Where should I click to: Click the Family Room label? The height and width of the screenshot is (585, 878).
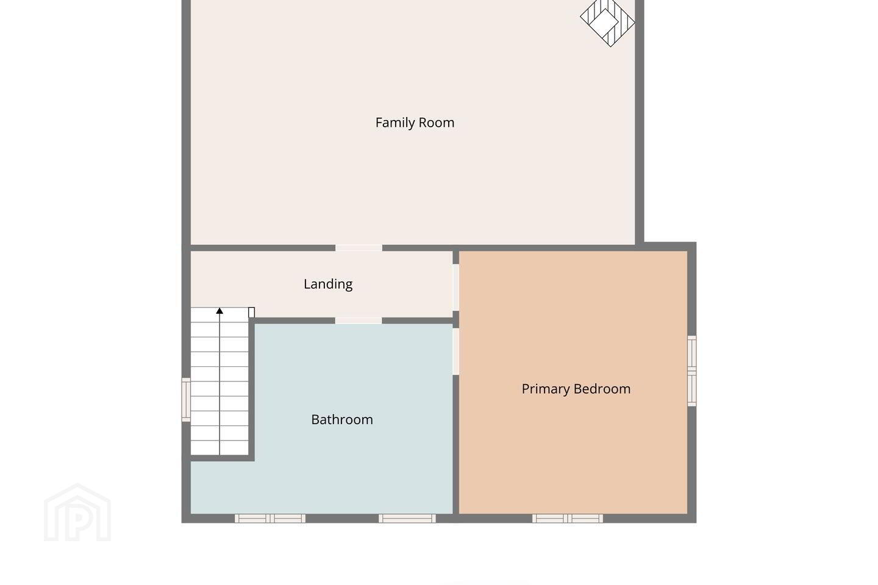tap(415, 122)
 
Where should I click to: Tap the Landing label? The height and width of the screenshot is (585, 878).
tap(328, 284)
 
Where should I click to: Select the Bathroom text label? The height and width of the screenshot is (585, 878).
tap(342, 420)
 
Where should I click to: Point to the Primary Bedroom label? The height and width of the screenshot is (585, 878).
tap(576, 389)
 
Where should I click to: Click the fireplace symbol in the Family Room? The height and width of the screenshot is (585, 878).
tap(607, 22)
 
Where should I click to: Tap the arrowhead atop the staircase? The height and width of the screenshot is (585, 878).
tap(220, 311)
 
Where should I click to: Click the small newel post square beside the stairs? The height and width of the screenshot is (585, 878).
tap(252, 312)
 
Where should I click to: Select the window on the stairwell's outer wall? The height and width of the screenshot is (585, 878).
tap(186, 400)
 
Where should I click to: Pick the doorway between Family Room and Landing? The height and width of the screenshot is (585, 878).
tap(359, 248)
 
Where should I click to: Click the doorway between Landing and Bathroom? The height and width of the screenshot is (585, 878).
tap(359, 321)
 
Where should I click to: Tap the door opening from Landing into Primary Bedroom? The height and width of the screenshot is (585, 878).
tap(456, 288)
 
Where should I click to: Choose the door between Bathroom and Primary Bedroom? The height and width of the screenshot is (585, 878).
tap(456, 352)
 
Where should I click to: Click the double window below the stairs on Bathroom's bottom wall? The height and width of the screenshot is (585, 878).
tap(270, 519)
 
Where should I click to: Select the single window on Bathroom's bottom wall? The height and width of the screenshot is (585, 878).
tap(407, 519)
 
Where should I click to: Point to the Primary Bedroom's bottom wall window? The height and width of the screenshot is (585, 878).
tap(568, 519)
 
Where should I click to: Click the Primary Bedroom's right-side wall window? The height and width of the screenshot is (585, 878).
tap(692, 370)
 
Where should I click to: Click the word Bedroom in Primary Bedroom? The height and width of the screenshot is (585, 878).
tap(603, 389)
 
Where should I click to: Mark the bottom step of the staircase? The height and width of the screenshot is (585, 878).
tap(220, 448)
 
